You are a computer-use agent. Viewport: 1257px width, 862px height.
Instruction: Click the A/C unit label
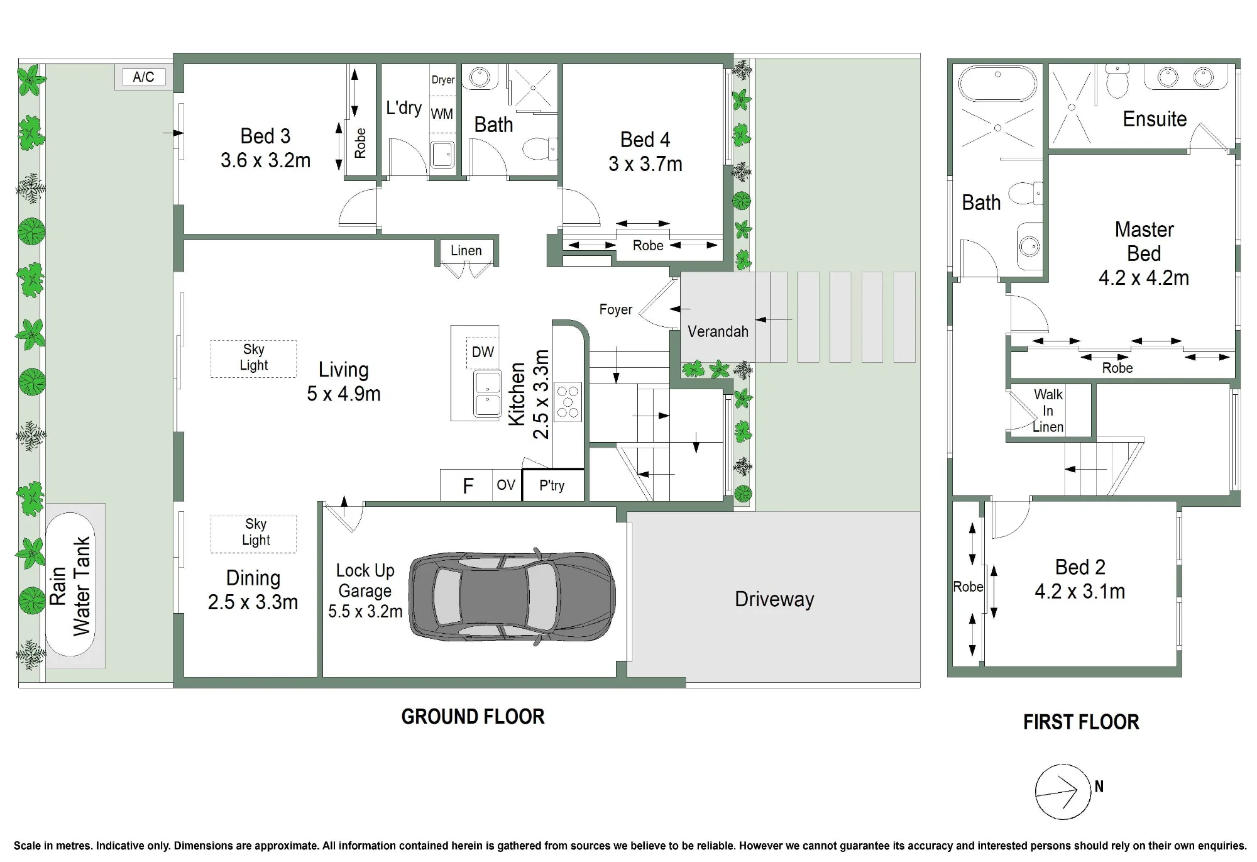[143, 77]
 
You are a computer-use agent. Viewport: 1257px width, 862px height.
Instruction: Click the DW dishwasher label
[483, 352]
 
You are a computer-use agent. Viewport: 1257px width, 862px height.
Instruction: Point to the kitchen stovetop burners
[568, 402]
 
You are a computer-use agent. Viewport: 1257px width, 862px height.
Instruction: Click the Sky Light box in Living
[253, 358]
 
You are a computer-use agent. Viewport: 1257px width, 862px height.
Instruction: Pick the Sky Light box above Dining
[253, 534]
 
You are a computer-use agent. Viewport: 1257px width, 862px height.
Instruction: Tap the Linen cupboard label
[466, 250]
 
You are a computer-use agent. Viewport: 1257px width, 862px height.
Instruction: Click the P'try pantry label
[552, 485]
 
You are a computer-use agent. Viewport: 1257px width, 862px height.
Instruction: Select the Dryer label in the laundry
[443, 80]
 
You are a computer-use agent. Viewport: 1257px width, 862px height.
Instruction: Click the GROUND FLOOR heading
[473, 717]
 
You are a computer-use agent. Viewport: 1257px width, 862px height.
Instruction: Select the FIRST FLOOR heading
[1081, 722]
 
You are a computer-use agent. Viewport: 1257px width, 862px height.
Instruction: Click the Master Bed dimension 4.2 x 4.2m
[1144, 278]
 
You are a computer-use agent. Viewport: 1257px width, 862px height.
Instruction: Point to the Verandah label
[718, 331]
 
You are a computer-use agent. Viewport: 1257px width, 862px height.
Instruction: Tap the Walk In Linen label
[1048, 411]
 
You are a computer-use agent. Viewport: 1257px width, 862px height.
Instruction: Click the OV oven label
[506, 485]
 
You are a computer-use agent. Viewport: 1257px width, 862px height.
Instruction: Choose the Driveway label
[774, 599]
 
